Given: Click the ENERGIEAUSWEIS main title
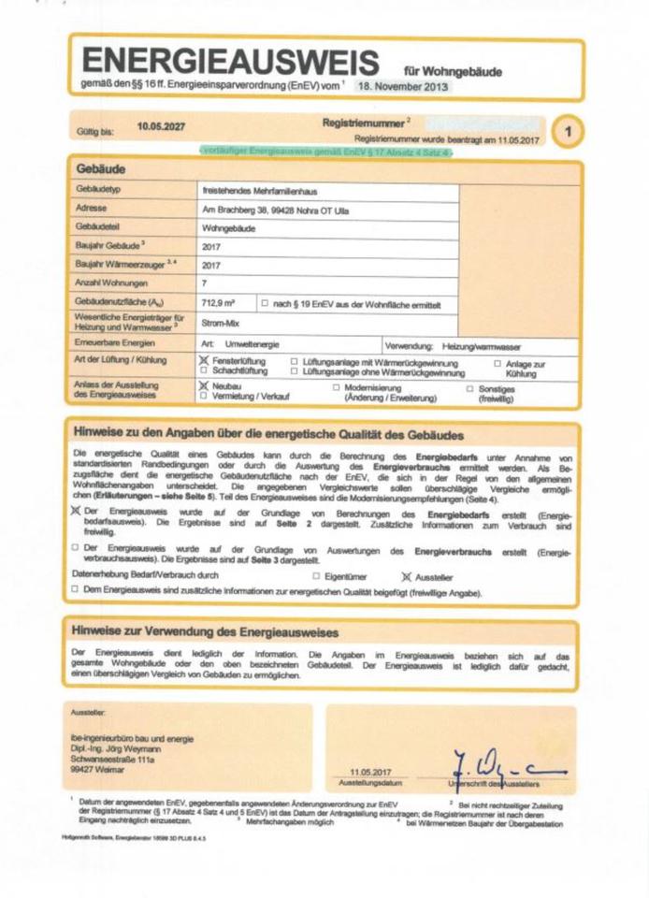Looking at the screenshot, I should tap(230, 63).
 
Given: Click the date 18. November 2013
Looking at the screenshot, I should tap(401, 86).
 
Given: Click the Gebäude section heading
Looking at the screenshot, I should tap(100, 169).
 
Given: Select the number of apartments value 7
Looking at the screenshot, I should tap(205, 282).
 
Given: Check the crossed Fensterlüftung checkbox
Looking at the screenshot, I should tap(205, 360).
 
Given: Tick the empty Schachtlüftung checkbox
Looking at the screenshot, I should tap(205, 370).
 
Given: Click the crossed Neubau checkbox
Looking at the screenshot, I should tap(205, 385).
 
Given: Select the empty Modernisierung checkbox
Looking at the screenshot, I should tap(336, 386).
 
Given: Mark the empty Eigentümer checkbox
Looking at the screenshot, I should tap(316, 575).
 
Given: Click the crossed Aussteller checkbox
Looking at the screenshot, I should tap(406, 575).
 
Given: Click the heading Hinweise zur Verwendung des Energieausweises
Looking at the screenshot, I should tap(205, 632).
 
